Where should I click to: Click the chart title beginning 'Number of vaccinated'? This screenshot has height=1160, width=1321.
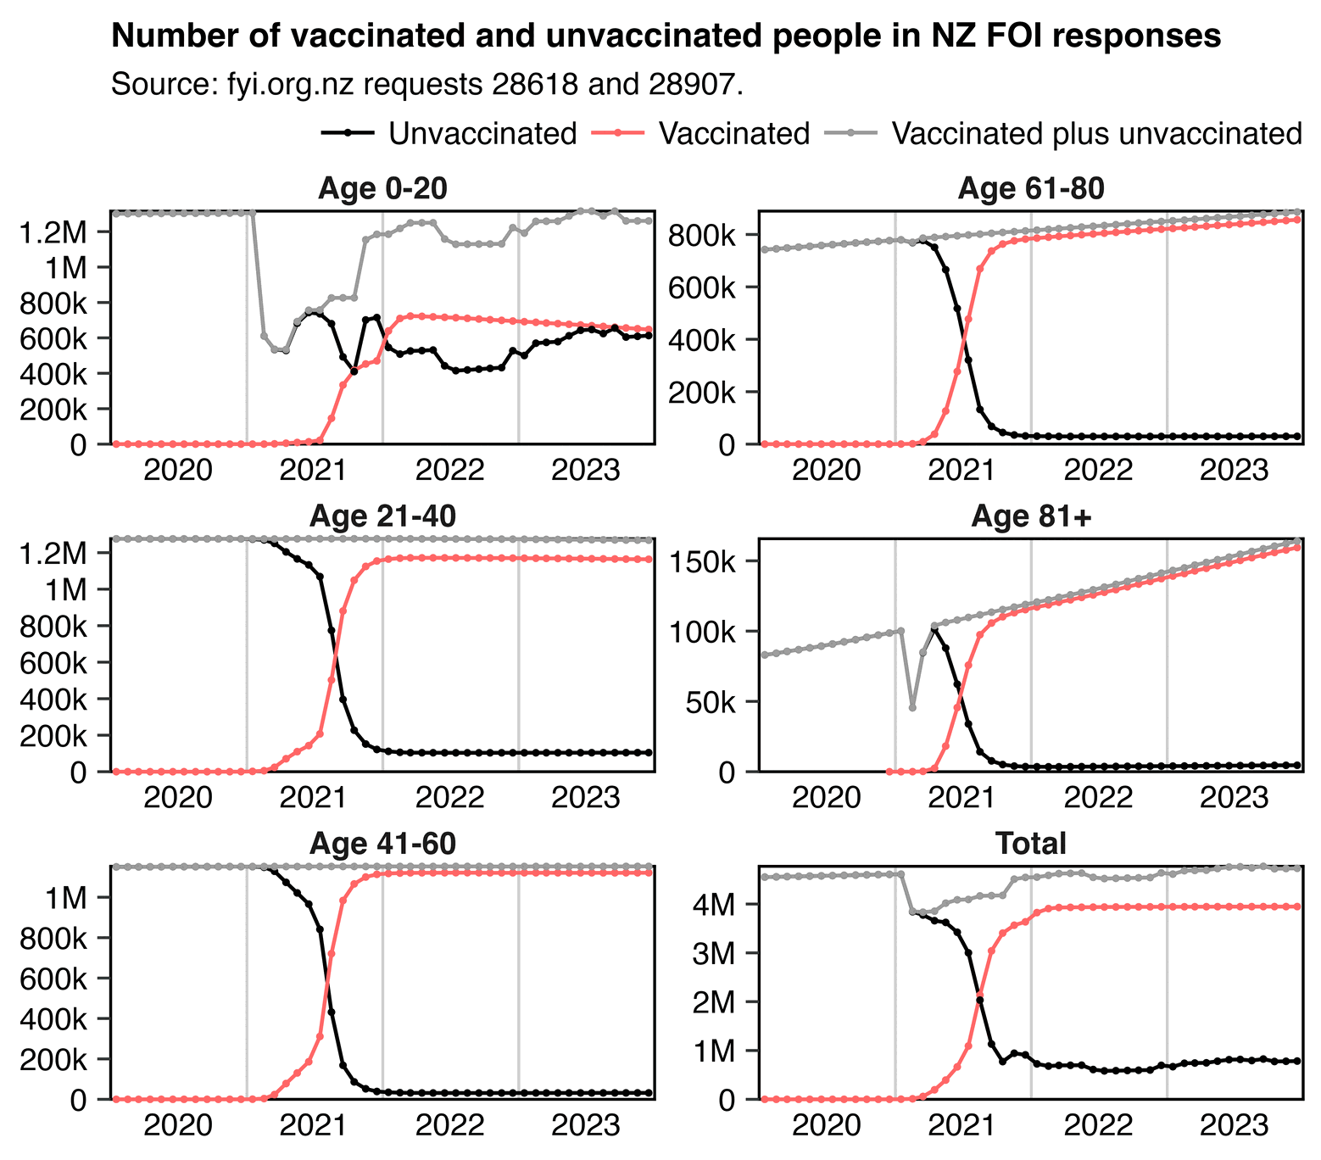tap(666, 36)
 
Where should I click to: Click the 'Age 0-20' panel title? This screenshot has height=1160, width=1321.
tap(382, 189)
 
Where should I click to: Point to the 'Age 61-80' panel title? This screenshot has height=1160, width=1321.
tap(1030, 189)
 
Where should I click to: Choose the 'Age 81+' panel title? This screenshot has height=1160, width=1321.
tap(1030, 516)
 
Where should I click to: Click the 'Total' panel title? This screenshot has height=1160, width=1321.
tap(1030, 844)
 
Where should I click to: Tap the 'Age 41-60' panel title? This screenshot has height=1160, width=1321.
tap(382, 844)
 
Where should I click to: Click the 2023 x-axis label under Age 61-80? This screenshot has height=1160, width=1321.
tap(1234, 469)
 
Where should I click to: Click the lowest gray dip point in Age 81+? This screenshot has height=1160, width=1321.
tap(912, 707)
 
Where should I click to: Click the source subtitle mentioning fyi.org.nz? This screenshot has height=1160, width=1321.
tap(427, 85)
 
